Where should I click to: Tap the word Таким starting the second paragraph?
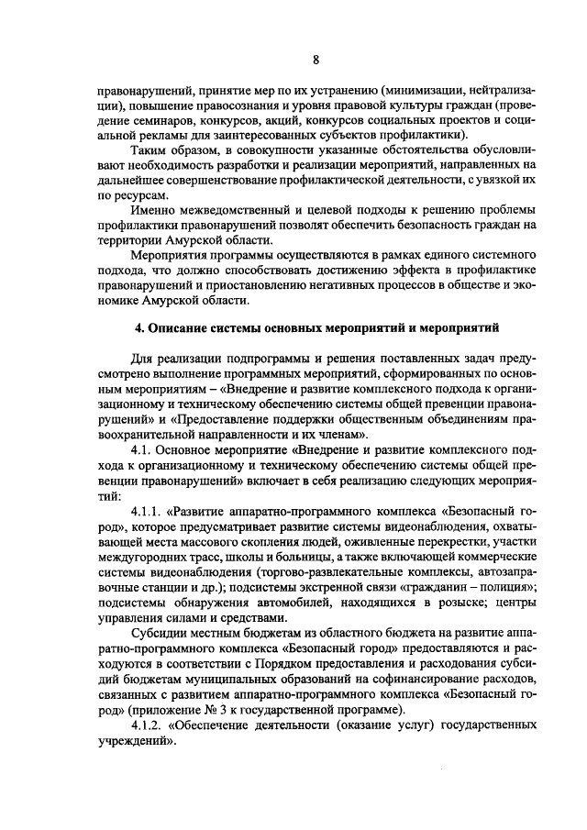coord(151,150)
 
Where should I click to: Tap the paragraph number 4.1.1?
coord(150,508)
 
